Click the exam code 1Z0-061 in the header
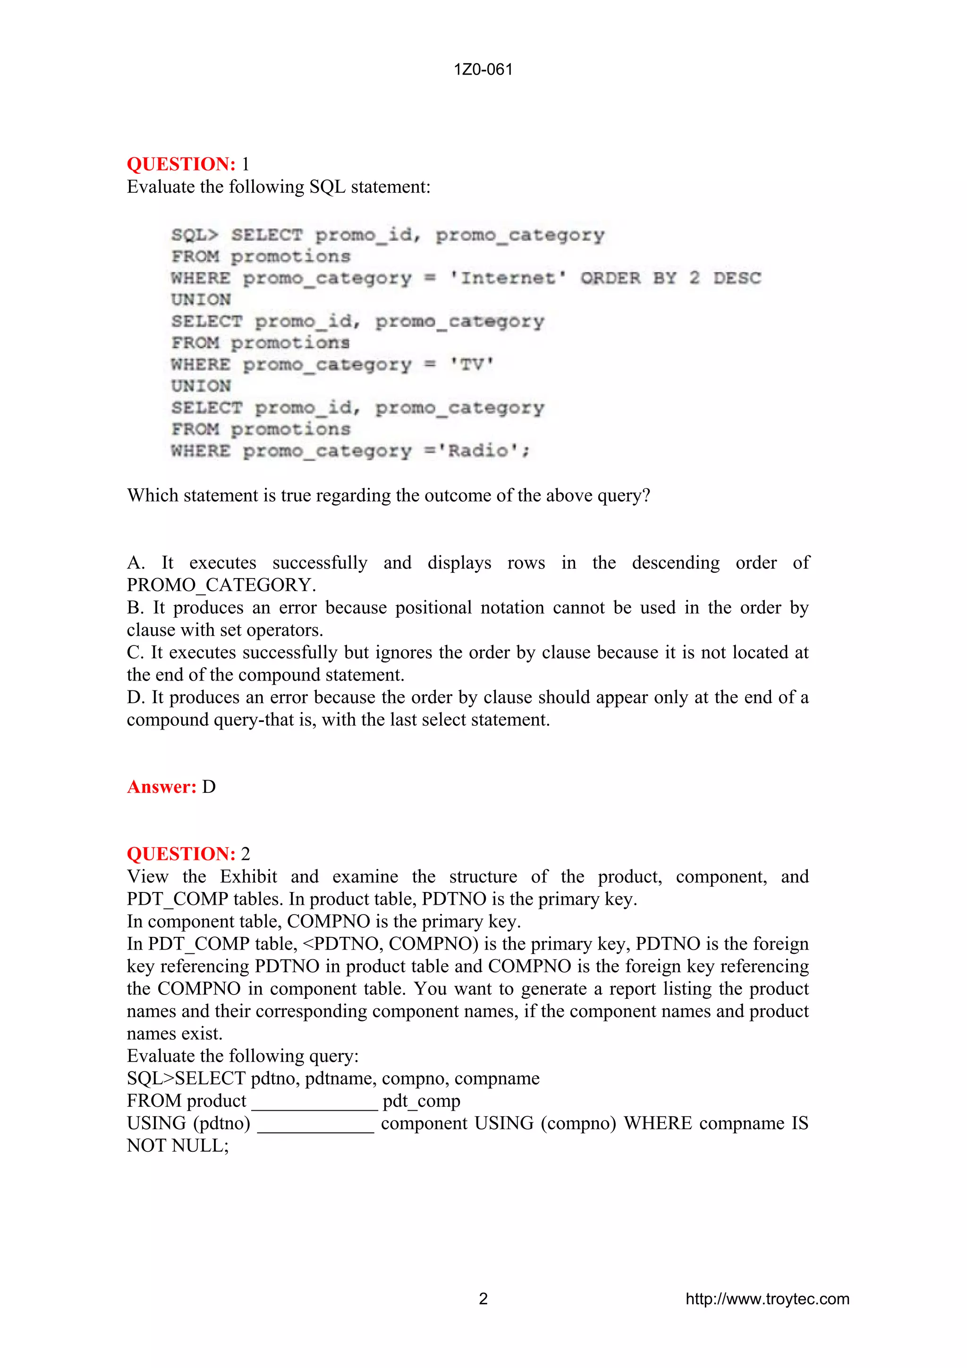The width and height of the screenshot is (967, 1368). [x=483, y=70]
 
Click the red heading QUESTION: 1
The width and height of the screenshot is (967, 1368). [x=181, y=164]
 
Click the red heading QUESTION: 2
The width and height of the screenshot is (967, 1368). [x=181, y=854]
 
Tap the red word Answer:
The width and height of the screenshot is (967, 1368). [x=161, y=787]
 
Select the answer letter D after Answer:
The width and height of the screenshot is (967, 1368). [x=209, y=787]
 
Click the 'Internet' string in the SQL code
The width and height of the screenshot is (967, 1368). [x=507, y=278]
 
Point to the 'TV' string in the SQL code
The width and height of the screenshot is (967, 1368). [x=472, y=364]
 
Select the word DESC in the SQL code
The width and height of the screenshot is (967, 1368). [x=737, y=278]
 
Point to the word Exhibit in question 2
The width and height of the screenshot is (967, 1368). [x=248, y=876]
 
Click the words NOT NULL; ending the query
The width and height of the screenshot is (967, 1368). [x=178, y=1145]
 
